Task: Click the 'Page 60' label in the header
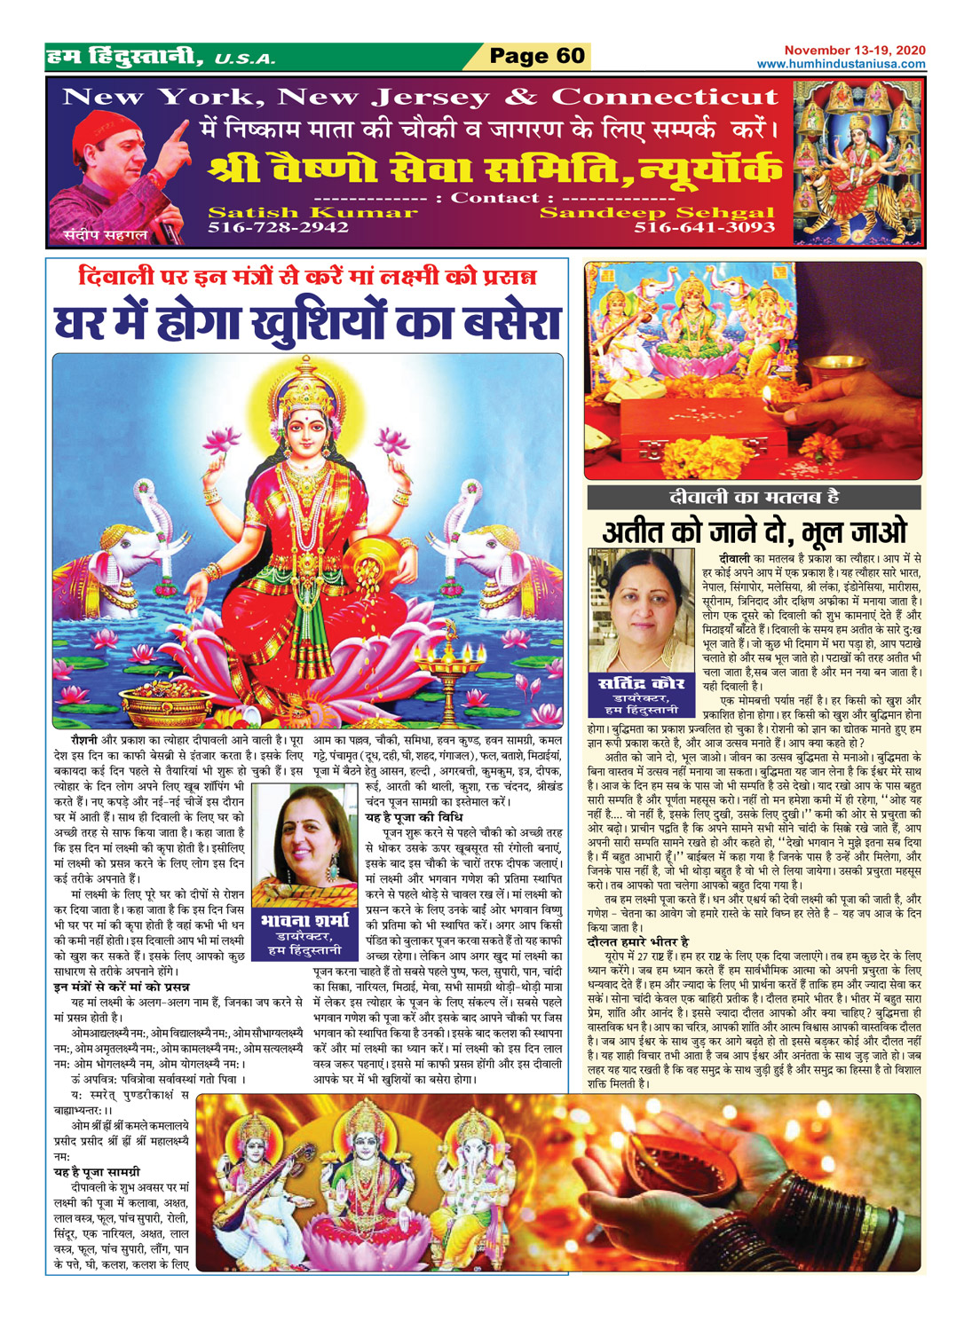537,57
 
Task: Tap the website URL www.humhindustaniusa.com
841,64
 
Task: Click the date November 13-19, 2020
854,51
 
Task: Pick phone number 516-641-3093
704,228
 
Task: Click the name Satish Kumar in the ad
312,213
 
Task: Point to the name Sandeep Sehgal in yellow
657,213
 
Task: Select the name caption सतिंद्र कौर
641,682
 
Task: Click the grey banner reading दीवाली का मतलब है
754,497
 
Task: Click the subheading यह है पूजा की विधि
409,817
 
